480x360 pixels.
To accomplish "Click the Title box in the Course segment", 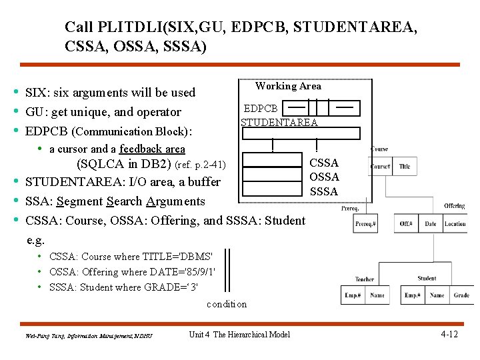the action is tap(404, 166).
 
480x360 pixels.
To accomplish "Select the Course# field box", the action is tap(381, 166).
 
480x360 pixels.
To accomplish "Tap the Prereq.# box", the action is tap(366, 223).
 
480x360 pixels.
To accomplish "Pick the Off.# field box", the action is tap(406, 223).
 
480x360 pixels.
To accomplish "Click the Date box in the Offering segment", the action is tap(430, 223).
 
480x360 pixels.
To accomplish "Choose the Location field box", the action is tap(455, 223).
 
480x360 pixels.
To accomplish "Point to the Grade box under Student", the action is tap(461, 295).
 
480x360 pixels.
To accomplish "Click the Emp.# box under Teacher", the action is tap(353, 295).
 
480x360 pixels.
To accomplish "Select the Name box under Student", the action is tap(437, 295).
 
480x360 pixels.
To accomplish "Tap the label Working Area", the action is tap(288, 86).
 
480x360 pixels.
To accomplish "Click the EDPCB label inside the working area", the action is tap(261, 108).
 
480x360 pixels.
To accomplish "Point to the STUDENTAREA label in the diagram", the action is tap(279, 122).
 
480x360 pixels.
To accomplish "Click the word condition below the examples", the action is tap(227, 304).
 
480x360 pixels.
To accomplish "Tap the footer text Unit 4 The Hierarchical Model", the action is tap(239, 334).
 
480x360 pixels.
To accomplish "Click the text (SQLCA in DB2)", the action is tap(124, 164).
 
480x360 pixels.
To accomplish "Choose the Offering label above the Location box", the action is tap(454, 207).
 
